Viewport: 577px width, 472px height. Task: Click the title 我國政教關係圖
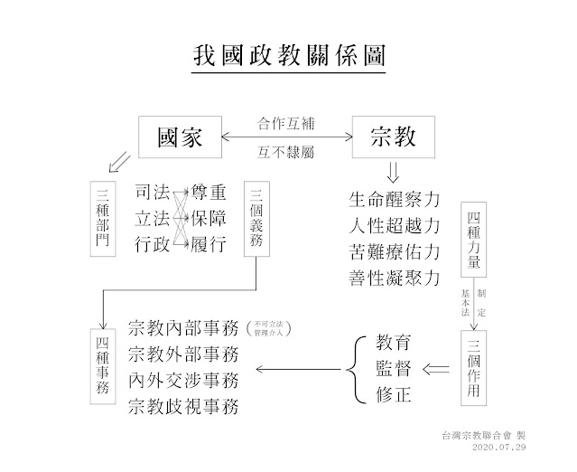[x=289, y=52]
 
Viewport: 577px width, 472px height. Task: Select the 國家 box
[x=178, y=137]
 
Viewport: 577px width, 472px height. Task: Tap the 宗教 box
[x=393, y=137]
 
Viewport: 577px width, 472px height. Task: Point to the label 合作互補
[x=284, y=121]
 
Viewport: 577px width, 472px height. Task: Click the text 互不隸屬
[x=284, y=152]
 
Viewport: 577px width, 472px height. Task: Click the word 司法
[x=150, y=193]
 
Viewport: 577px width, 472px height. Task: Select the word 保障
[x=209, y=218]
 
